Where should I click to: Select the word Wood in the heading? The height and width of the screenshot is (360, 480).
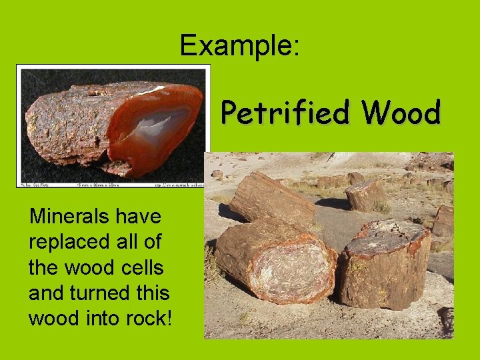[402, 113]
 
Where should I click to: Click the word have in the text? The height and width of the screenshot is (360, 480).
[138, 216]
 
